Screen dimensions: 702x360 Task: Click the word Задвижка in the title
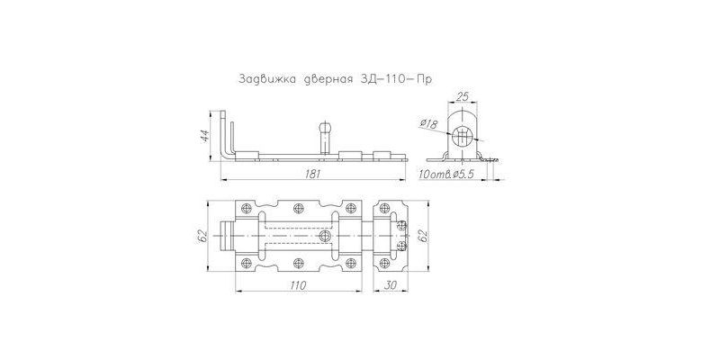[x=266, y=79]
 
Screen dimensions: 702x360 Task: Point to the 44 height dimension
[x=204, y=136]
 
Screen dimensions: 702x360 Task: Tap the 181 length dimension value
[x=313, y=174]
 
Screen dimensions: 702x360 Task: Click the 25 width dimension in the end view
[x=462, y=96]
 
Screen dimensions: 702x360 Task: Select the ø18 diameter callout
[x=429, y=123]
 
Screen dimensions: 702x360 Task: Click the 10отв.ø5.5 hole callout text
[x=445, y=175]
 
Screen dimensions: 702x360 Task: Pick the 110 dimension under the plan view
[x=298, y=284]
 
